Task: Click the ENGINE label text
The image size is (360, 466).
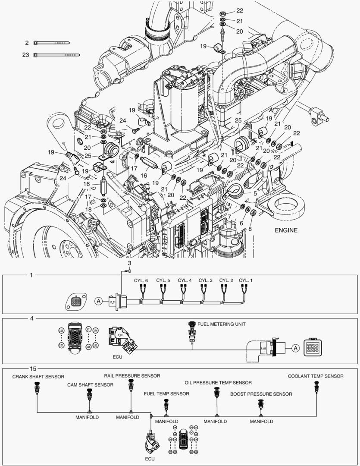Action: click(286, 230)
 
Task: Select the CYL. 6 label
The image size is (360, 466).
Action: click(141, 280)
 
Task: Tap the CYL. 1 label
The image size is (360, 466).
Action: click(246, 280)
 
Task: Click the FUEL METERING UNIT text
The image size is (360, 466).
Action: click(222, 324)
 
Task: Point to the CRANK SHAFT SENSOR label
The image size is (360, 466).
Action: click(38, 376)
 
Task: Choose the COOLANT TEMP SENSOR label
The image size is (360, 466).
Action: click(316, 376)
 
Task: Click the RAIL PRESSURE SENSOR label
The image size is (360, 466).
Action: click(132, 376)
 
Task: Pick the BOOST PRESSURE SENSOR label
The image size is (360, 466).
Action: click(261, 394)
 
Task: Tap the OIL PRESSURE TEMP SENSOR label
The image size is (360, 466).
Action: click(218, 382)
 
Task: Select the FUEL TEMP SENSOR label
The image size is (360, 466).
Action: click(166, 394)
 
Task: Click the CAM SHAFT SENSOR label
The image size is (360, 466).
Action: click(90, 385)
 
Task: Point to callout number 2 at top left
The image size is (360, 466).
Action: click(27, 43)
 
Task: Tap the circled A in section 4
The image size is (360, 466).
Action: click(295, 347)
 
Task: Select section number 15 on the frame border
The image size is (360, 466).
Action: click(32, 368)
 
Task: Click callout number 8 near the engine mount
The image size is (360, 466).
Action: click(250, 230)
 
